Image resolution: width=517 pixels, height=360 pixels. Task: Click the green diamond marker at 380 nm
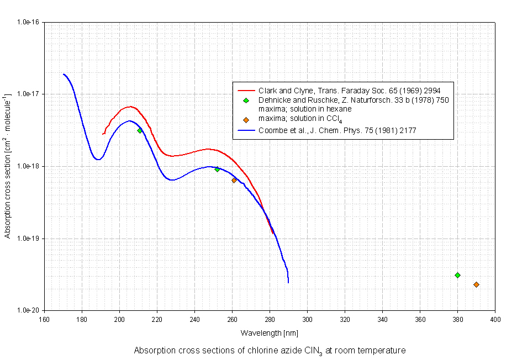click(457, 275)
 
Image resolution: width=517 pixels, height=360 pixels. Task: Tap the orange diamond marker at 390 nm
click(476, 284)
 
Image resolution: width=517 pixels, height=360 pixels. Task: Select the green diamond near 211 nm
click(140, 130)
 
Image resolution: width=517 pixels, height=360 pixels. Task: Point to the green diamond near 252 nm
click(217, 169)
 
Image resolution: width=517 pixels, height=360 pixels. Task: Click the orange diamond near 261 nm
click(234, 180)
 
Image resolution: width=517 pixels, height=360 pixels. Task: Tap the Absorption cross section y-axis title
click(8, 166)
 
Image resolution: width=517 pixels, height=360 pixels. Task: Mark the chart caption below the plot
click(270, 350)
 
